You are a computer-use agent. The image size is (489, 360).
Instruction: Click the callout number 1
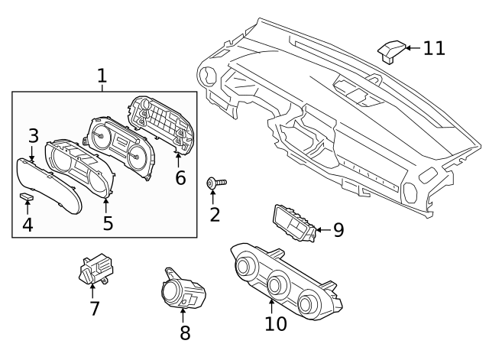[x=102, y=76]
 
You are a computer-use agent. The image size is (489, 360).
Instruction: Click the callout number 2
[x=215, y=214]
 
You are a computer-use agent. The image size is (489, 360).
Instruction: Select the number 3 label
[x=33, y=136]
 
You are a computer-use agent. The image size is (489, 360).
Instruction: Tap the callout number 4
[x=28, y=225]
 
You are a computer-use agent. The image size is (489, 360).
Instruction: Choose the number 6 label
[x=180, y=177]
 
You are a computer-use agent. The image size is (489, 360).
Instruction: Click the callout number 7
[x=95, y=308]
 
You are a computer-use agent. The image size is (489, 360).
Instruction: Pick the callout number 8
[x=185, y=332]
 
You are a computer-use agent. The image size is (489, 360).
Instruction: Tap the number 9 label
[x=338, y=229]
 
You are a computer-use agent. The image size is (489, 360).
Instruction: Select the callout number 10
[x=276, y=323]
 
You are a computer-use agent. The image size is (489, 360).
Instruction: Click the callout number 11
[x=434, y=48]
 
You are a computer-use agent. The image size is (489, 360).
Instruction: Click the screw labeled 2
[x=215, y=183]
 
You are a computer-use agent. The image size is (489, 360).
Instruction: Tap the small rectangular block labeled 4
[x=27, y=198]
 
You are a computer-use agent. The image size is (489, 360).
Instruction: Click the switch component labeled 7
[x=94, y=269]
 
